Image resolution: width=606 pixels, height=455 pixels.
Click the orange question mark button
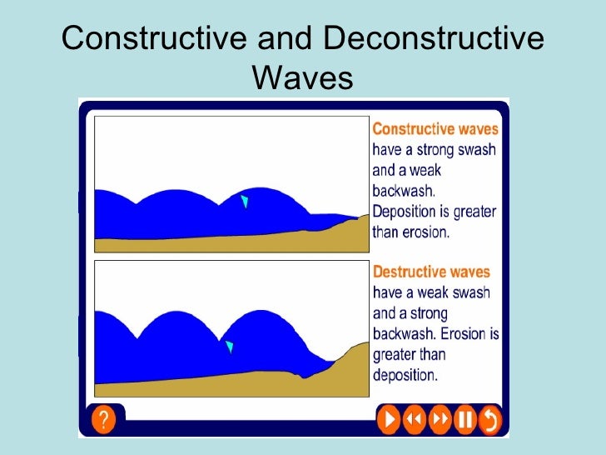[103, 420]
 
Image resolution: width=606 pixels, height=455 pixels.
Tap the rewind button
[414, 420]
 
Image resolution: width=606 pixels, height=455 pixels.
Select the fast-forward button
[439, 420]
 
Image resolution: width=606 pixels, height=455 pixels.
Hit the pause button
[464, 420]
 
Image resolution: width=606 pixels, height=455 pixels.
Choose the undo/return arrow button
[489, 420]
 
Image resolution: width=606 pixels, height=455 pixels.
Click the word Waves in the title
[302, 78]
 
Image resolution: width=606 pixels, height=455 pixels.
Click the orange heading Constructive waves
[435, 129]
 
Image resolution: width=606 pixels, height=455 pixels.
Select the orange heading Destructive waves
[431, 272]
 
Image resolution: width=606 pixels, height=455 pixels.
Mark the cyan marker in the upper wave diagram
[244, 202]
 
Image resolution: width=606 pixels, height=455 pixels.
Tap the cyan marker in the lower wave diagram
[230, 347]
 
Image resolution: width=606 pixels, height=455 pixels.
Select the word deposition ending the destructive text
[405, 375]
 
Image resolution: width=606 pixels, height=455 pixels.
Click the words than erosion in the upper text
[410, 232]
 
